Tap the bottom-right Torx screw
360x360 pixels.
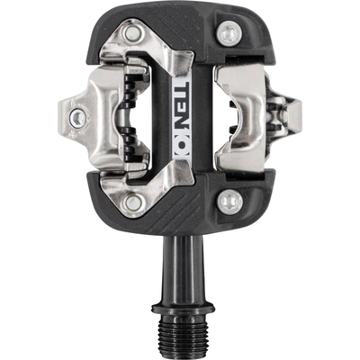pyautogui.click(x=229, y=201)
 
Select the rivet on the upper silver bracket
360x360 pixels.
pyautogui.click(x=132, y=33)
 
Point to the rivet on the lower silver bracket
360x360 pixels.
pyautogui.click(x=133, y=202)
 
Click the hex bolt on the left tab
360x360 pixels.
pyautogui.click(x=78, y=118)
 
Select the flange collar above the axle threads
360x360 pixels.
pyautogui.click(x=184, y=308)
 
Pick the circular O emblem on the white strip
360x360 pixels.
pyautogui.click(x=182, y=150)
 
